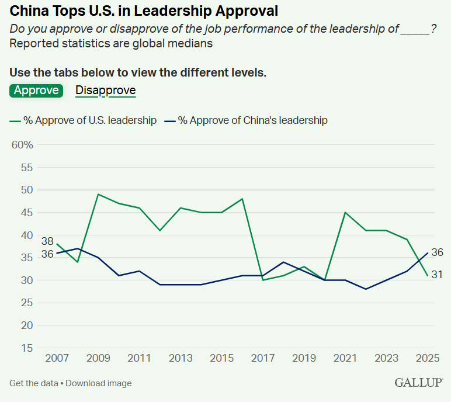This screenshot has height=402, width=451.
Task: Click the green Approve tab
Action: point(36,90)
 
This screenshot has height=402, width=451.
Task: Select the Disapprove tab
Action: point(106,90)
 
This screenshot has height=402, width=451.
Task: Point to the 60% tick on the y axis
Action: point(23,145)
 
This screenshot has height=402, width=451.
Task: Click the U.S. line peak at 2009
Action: point(98,194)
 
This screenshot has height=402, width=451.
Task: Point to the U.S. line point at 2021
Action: point(345,212)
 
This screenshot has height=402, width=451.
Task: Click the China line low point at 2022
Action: point(365,289)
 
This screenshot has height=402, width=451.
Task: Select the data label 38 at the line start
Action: point(47,241)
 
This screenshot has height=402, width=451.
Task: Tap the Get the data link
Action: point(33,383)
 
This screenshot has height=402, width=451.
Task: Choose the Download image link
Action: point(100,383)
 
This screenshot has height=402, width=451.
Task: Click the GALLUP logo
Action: point(418,383)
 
